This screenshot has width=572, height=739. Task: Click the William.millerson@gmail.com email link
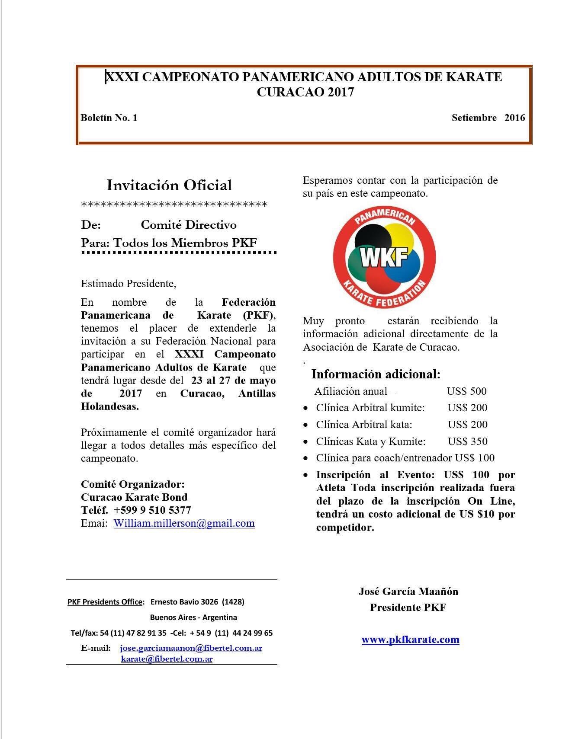coord(184,523)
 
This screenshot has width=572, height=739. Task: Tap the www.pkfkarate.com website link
coord(410,640)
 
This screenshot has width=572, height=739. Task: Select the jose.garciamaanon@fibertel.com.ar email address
coord(191,648)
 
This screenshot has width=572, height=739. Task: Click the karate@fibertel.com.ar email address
coord(167,659)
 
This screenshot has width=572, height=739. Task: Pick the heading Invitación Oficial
coord(169,185)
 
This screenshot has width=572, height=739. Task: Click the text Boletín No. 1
coord(109,118)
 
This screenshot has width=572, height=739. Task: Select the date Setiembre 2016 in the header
coord(488,118)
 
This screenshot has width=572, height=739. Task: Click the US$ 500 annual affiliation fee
coord(466,391)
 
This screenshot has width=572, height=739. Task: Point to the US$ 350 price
coord(467,441)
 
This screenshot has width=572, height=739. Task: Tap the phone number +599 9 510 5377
coord(152,510)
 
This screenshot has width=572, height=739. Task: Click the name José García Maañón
coord(408,591)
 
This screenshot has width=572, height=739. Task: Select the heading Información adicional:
coord(376,374)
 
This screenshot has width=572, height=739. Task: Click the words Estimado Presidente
coord(129,284)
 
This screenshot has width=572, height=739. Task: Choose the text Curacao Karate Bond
coord(134,497)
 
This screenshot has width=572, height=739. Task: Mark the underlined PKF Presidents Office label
coord(105,602)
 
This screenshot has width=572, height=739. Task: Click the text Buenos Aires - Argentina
coord(193,617)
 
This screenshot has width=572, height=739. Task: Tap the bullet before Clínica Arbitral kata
coord(306,425)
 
